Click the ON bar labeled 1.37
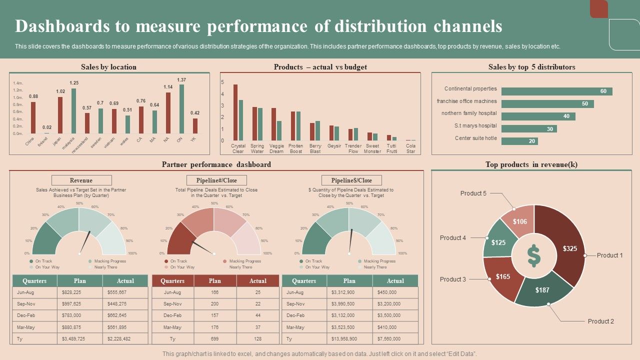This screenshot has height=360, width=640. pyautogui.click(x=181, y=109)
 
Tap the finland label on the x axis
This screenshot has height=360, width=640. pyautogui.click(x=43, y=141)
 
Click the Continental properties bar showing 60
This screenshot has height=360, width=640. pyautogui.click(x=556, y=91)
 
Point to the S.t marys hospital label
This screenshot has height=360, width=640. pyautogui.click(x=475, y=126)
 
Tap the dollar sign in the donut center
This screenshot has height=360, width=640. pyautogui.click(x=533, y=255)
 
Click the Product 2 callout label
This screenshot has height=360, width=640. pyautogui.click(x=600, y=321)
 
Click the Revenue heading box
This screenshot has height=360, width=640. pyautogui.click(x=81, y=180)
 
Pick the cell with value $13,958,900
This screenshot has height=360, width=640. pyautogui.click(x=350, y=339)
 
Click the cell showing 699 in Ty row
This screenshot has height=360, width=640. pyautogui.click(x=215, y=339)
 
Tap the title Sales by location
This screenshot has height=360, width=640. pyautogui.click(x=108, y=67)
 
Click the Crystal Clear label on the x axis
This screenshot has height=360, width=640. pyautogui.click(x=238, y=148)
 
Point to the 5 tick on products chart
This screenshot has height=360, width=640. pyautogui.click(x=223, y=82)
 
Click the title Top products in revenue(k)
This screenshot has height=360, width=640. pyautogui.click(x=531, y=164)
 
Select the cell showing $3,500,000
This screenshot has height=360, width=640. pyautogui.click(x=395, y=315)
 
